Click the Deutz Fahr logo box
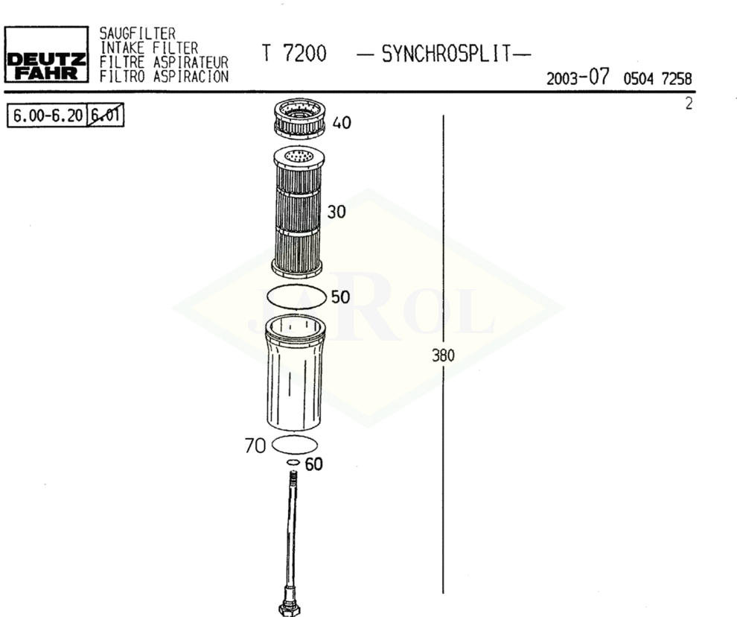(47, 54)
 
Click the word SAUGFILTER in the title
(137, 34)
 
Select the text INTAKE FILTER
(149, 48)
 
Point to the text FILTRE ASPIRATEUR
(164, 62)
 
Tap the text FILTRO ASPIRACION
(164, 76)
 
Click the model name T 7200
(294, 54)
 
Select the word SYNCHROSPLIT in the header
(446, 54)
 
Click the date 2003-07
(578, 77)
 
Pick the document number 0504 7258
(657, 78)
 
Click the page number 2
(689, 104)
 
